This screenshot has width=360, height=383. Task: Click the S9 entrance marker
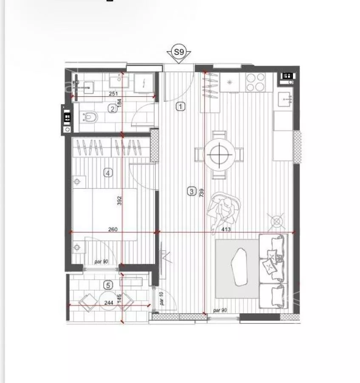(x=179, y=52)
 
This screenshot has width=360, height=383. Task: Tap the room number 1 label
(x=181, y=106)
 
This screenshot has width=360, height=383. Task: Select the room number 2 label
(x=113, y=109)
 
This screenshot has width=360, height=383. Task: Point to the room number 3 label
(x=191, y=191)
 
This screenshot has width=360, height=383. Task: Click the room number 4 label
(x=108, y=173)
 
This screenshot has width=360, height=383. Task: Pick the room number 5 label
(x=108, y=285)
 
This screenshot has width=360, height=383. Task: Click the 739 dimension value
(x=201, y=193)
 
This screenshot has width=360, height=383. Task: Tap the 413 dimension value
(x=226, y=229)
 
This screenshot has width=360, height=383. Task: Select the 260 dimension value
(x=113, y=229)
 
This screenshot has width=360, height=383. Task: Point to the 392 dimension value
(x=119, y=200)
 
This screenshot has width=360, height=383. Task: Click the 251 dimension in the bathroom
(x=113, y=94)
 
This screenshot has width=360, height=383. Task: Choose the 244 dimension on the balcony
(x=108, y=303)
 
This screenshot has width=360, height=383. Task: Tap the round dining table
(x=219, y=154)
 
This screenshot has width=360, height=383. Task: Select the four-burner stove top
(x=255, y=82)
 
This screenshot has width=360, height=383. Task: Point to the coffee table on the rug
(x=239, y=267)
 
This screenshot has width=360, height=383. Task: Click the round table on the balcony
(x=108, y=300)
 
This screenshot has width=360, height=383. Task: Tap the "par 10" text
(x=162, y=298)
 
